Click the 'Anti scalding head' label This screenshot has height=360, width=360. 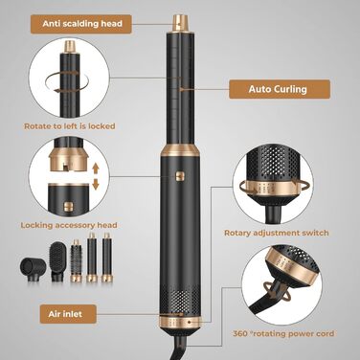81,24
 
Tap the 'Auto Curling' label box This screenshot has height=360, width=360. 280,89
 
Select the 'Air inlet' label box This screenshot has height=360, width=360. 68,314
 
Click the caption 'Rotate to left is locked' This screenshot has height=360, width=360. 70,126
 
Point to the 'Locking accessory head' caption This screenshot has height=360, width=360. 69,225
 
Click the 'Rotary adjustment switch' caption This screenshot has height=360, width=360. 277,233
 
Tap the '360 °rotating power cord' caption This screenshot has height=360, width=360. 283,334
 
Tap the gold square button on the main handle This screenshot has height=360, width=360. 180,176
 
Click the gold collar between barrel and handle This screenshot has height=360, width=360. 180,149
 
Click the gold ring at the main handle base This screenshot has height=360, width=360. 180,322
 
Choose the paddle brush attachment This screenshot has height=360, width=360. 57,261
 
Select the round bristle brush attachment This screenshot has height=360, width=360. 76,260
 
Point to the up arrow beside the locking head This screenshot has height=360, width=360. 96,168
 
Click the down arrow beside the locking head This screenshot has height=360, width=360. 96,185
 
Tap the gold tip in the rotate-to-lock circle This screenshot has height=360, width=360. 70,47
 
